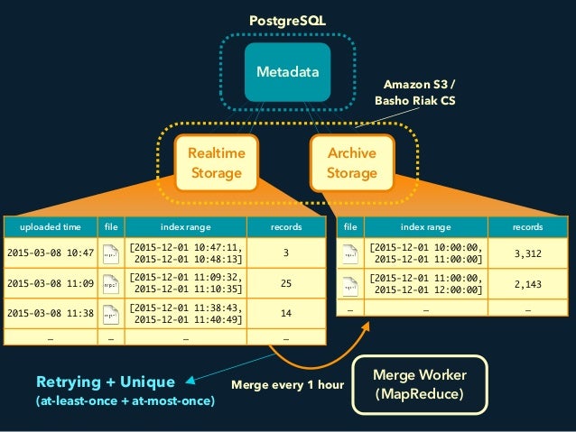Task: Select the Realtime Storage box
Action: coord(216,163)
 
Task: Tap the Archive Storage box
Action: coord(351,163)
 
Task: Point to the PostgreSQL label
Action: coord(287,19)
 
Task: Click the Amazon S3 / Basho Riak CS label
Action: coord(414,93)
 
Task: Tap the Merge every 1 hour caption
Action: coord(288,385)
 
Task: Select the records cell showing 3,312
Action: coord(528,255)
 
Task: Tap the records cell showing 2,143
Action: coord(528,284)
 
